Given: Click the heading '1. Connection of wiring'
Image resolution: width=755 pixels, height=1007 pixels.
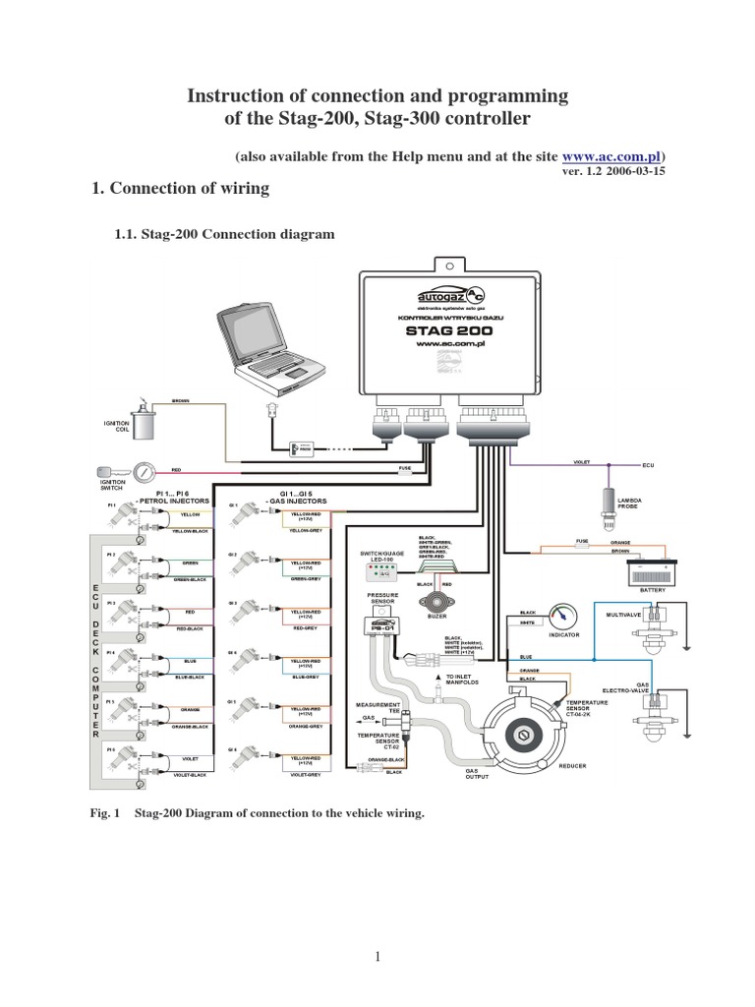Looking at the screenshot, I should coord(180,189).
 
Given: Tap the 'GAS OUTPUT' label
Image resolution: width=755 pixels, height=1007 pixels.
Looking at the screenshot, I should coord(476,772).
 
